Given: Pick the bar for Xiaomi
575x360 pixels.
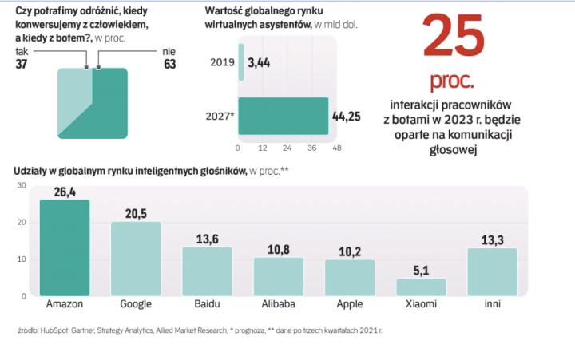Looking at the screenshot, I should (421, 287).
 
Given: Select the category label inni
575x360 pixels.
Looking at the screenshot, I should (493, 304).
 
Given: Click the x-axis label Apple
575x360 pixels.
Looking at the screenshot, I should (350, 304).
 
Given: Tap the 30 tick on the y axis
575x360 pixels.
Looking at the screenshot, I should (22, 185).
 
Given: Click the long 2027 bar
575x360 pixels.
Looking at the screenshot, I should (284, 116).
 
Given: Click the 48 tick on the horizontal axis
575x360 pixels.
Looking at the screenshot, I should (337, 148).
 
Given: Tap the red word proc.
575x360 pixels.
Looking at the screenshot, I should (452, 81).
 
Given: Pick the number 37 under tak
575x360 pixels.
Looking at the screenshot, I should (23, 64).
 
